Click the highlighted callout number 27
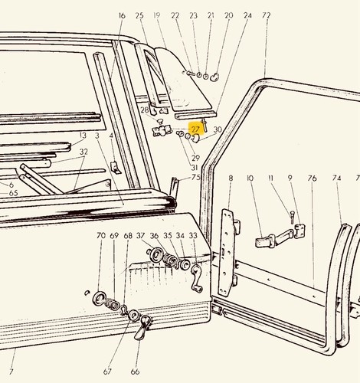pos(195,129)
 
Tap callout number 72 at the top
pos(266,15)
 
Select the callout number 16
pos(122,15)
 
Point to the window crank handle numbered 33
pos(197,279)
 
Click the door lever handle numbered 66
pos(142,328)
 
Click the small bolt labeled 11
pos(293,217)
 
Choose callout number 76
pos(313,178)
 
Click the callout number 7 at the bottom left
pos(11,372)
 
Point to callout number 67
pos(107,372)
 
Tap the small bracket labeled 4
pos(115,168)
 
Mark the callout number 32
pos(83,152)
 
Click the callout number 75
pos(195,177)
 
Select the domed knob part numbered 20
pos(214,77)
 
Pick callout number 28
pos(145,110)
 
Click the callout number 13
pos(83,136)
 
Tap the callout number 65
pos(13,193)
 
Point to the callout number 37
pos(140,235)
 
